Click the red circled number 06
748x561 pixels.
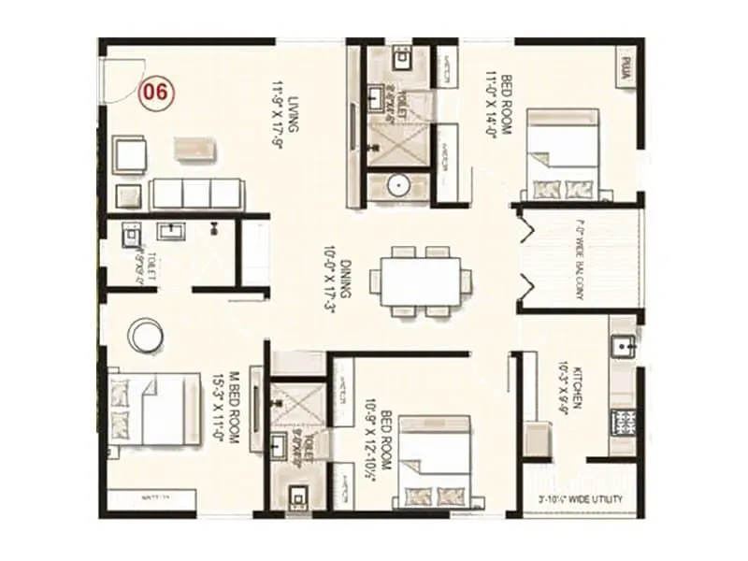[156, 93]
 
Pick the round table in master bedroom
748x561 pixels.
[147, 334]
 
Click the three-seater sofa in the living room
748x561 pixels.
[195, 193]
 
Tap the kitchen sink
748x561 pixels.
[624, 349]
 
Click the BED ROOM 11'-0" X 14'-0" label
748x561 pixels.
[506, 106]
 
